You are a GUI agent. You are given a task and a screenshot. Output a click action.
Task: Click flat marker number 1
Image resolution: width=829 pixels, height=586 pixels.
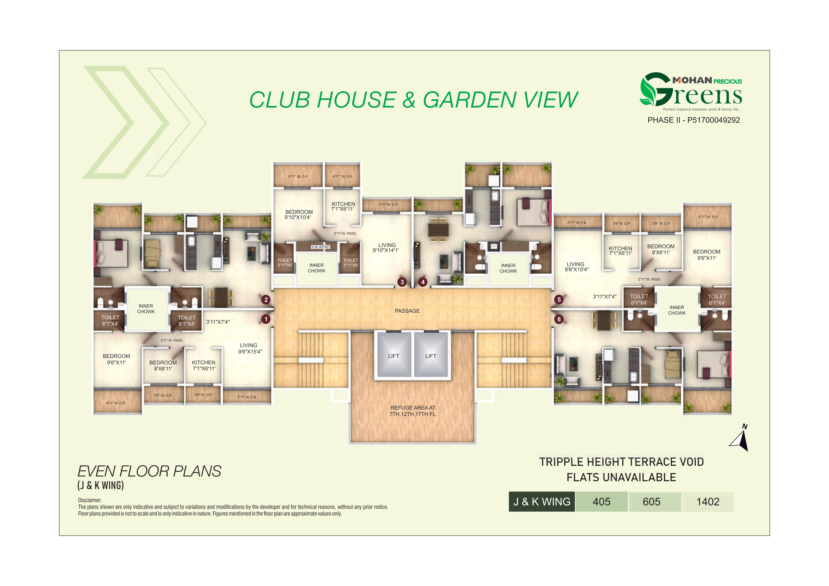pos(266,319)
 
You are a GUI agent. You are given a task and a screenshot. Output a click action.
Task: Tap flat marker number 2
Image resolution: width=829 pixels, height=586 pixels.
pos(266,299)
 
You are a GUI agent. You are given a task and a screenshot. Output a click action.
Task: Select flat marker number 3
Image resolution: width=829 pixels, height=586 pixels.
pos(402,282)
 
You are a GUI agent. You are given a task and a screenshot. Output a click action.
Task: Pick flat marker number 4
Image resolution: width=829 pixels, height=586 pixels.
pos(423,282)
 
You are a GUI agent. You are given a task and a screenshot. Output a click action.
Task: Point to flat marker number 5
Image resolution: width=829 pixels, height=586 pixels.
pos(559,299)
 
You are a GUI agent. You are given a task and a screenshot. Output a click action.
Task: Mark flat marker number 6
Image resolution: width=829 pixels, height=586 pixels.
pos(559,319)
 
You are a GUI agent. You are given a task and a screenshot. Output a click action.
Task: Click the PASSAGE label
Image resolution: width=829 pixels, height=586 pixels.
pos(407,311)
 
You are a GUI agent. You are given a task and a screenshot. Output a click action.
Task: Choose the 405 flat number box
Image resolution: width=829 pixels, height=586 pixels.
pos(601,501)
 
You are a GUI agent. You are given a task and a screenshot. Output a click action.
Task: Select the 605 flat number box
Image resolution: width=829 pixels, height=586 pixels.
pos(651,501)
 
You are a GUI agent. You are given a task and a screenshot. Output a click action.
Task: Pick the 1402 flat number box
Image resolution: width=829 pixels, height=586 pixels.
pos(708,501)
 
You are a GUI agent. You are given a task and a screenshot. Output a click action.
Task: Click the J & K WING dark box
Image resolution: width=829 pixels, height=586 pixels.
pos(542,501)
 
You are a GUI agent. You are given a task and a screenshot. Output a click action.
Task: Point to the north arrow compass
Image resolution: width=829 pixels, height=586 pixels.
pos(740,440)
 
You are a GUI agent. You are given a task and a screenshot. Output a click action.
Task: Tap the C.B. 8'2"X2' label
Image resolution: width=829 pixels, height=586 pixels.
pos(321,247)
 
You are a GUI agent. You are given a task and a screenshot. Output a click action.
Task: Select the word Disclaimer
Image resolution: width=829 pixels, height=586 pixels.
pos(90,500)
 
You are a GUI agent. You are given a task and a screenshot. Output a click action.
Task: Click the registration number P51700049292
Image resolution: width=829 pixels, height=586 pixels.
pos(713,120)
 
